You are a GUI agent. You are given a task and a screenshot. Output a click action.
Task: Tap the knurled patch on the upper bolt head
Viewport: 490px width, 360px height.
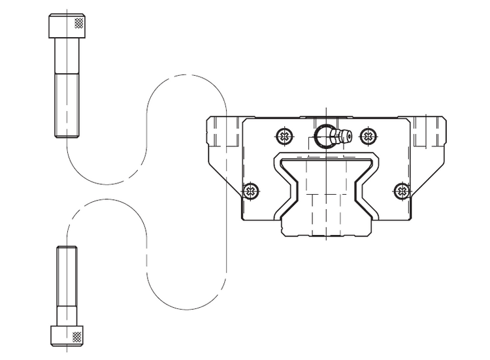(80, 22)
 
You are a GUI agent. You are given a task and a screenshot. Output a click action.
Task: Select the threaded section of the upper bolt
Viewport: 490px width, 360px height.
(68, 105)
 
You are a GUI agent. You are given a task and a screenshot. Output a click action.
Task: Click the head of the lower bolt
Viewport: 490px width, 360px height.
(69, 335)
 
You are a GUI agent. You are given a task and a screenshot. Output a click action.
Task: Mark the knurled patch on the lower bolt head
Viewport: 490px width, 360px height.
(78, 337)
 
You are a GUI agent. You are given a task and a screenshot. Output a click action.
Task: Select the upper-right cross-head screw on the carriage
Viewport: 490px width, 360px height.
(369, 137)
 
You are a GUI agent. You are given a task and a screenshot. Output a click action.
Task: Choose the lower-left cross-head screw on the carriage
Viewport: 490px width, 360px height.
(251, 191)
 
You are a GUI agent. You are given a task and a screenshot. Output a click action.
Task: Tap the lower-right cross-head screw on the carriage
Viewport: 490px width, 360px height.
(401, 191)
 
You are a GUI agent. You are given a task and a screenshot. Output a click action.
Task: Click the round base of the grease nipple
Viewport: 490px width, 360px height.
(324, 137)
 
